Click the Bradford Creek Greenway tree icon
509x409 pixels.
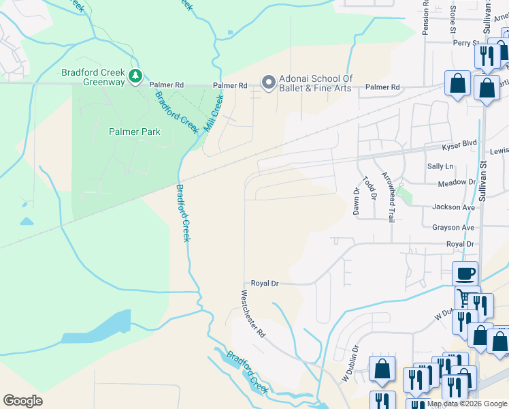coord(136,75)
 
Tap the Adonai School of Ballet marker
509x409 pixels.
coord(268,82)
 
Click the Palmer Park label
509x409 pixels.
coord(135,132)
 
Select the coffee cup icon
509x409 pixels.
coord(465,274)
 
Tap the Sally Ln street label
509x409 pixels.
coord(440,166)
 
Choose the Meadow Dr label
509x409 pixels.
coord(457,183)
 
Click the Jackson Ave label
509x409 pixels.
coord(453,207)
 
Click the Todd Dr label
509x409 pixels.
coord(370,187)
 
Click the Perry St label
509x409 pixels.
coord(466,43)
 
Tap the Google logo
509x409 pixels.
coord(22,401)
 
